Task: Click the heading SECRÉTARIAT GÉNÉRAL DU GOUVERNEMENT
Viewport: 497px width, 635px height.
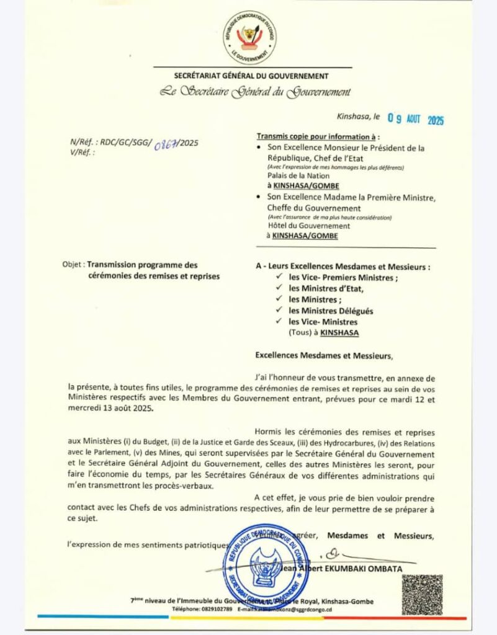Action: [251, 76]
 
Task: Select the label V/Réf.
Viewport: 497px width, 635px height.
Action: [83, 152]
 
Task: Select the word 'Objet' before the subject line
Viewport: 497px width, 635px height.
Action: [72, 264]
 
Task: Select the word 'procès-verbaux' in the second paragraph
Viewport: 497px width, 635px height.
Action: [183, 486]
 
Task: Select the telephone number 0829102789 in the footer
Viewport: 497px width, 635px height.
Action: [216, 610]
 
